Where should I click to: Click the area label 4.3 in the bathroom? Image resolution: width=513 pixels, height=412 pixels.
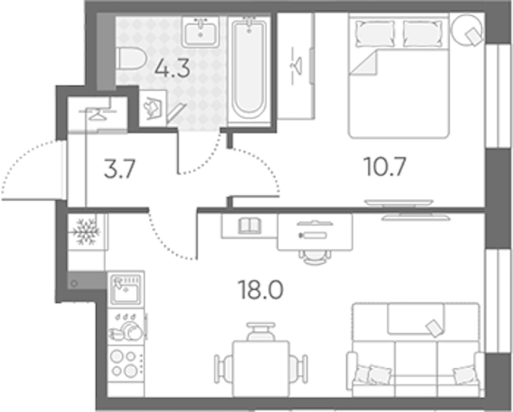click(172, 69)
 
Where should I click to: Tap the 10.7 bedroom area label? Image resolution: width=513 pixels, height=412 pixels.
click(385, 167)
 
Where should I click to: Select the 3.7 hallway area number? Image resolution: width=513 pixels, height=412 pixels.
click(119, 170)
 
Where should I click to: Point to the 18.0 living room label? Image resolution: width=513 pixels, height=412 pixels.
click(261, 290)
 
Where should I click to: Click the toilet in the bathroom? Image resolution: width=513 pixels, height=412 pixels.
click(130, 58)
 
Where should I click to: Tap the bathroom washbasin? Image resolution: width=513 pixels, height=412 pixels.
click(201, 32)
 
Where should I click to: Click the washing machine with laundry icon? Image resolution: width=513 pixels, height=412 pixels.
click(152, 108)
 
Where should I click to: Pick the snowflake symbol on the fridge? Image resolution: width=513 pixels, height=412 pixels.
click(86, 231)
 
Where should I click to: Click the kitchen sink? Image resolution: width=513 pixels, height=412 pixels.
click(126, 289)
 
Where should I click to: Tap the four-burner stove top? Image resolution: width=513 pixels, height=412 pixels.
click(126, 364)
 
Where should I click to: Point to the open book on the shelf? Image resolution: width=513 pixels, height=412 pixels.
click(249, 226)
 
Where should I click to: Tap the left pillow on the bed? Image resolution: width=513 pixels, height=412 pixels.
click(374, 33)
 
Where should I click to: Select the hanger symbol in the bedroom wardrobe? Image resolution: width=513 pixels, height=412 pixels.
click(297, 66)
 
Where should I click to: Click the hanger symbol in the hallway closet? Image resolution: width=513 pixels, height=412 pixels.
click(97, 112)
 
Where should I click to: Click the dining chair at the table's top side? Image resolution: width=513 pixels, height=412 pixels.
click(261, 331)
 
